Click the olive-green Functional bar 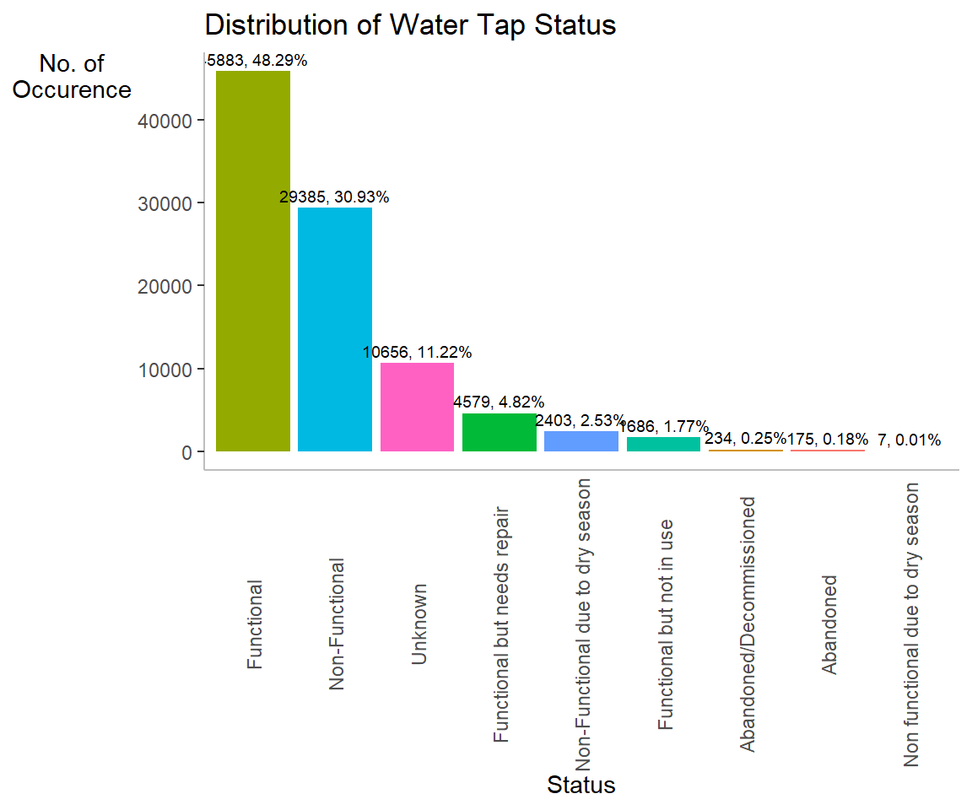point(253,261)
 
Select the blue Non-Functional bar point(335,329)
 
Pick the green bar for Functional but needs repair point(499,432)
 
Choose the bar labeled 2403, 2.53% point(580,440)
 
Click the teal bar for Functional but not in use point(663,444)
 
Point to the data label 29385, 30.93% point(334,197)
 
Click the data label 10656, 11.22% point(417,353)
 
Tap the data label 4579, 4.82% point(499,402)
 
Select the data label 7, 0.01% point(909,440)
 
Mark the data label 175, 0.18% point(827,439)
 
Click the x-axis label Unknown point(419,624)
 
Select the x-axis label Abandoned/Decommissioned point(747,624)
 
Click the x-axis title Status point(580,786)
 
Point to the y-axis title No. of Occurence point(73,77)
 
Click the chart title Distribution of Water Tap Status point(410,25)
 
